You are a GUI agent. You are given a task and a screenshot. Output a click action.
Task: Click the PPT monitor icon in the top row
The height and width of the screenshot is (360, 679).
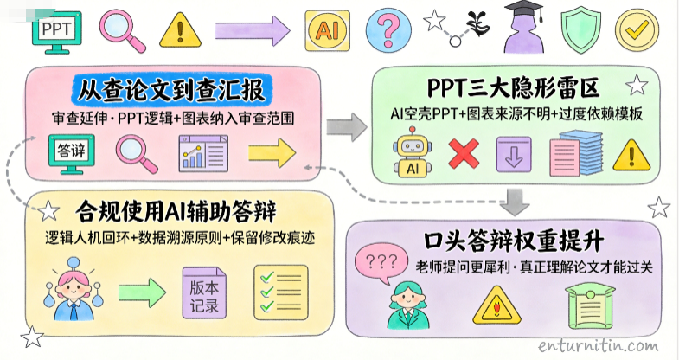[57, 32]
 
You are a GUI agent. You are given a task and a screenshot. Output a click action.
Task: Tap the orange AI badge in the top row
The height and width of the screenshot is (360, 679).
[327, 31]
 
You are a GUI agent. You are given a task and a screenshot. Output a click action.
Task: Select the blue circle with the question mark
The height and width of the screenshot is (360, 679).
[388, 31]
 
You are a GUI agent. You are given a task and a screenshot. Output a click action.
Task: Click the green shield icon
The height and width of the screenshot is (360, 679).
[581, 32]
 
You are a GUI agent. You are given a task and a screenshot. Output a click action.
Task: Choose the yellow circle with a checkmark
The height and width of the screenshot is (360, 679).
[637, 31]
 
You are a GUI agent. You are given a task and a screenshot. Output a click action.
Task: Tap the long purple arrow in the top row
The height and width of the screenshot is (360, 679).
[253, 31]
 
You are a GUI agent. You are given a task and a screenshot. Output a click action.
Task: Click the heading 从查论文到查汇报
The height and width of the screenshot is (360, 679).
[171, 90]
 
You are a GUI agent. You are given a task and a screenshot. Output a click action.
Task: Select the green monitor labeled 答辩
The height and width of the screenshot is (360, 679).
[72, 154]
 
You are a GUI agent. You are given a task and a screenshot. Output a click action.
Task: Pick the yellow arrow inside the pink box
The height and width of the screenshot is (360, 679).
[272, 153]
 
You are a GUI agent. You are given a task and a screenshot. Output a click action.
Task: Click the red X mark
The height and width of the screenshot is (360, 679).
[464, 154]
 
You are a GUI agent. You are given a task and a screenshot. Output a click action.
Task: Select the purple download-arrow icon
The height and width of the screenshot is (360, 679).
[514, 154]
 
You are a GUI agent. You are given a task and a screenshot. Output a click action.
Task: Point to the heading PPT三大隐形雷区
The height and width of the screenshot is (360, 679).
[513, 88]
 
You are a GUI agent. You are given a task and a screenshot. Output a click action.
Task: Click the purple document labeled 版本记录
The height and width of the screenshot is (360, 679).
[204, 292]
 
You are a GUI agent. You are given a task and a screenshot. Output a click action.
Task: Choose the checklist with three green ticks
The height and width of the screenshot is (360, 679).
[280, 292]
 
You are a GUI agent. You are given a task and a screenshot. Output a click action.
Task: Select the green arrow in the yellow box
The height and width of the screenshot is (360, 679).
[142, 292]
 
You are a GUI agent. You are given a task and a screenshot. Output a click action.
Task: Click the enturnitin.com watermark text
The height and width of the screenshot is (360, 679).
[599, 345]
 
